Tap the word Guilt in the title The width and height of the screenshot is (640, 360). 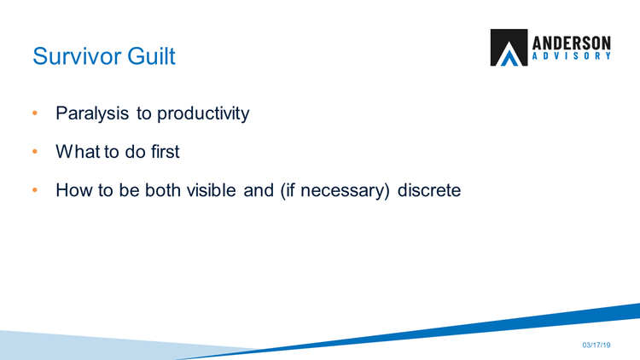coord(151,56)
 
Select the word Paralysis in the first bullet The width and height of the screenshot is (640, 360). coord(92,113)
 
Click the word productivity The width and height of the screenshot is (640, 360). coord(203,113)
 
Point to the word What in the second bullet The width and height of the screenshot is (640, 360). coord(78,152)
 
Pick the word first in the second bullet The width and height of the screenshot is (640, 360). coord(166,152)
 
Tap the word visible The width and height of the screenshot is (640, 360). coord(212,190)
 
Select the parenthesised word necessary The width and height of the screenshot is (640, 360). coord(342,190)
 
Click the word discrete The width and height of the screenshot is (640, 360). coord(429,190)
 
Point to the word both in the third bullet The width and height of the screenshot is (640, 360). coord(163,190)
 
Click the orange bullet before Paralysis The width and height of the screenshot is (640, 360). coord(35,113)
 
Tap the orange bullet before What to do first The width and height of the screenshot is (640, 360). coord(35,152)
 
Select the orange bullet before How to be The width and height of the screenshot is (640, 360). coord(35,189)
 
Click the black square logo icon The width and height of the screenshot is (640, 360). coord(509,48)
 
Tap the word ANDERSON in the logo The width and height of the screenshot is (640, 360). coord(572,43)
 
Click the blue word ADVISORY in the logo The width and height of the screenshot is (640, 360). coord(572,56)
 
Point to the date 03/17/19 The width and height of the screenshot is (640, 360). coord(596,345)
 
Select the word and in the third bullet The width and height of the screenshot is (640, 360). coord(259,190)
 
